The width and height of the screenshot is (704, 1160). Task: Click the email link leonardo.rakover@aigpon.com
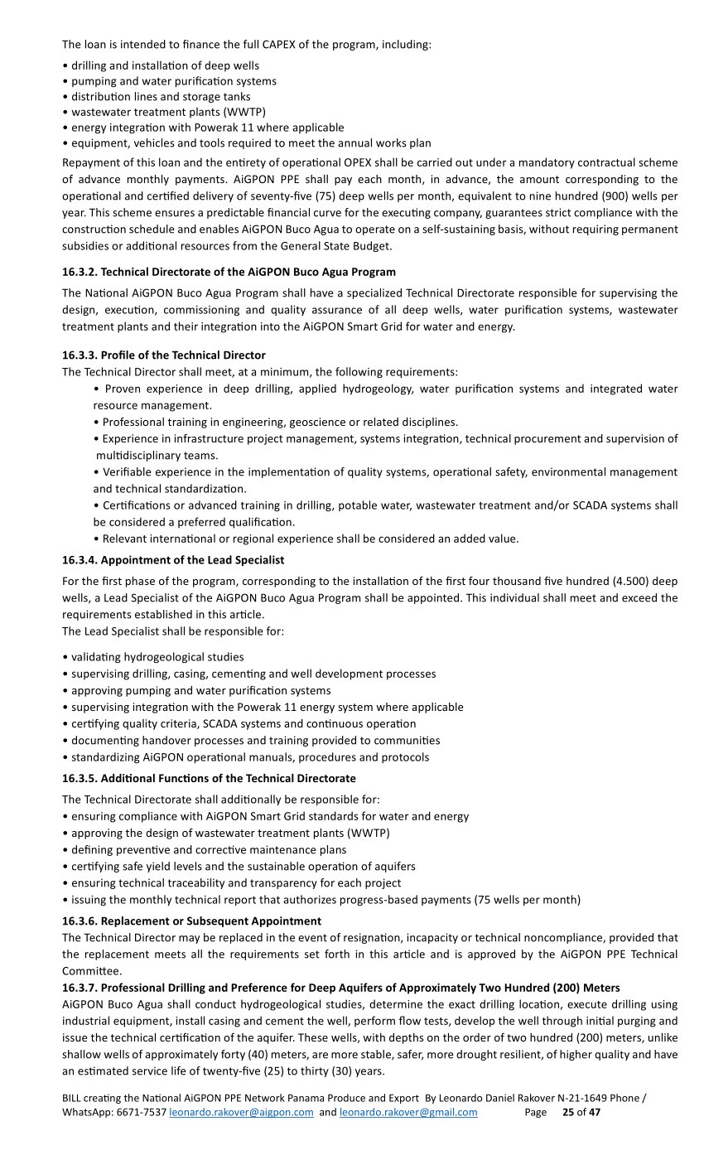(x=241, y=1113)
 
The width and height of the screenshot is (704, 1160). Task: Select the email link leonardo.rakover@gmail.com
(x=408, y=1113)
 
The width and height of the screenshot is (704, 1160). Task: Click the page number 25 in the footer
(x=568, y=1113)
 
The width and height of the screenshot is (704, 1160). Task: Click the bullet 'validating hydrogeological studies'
(x=157, y=657)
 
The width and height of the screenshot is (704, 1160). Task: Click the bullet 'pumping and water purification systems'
(x=174, y=81)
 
